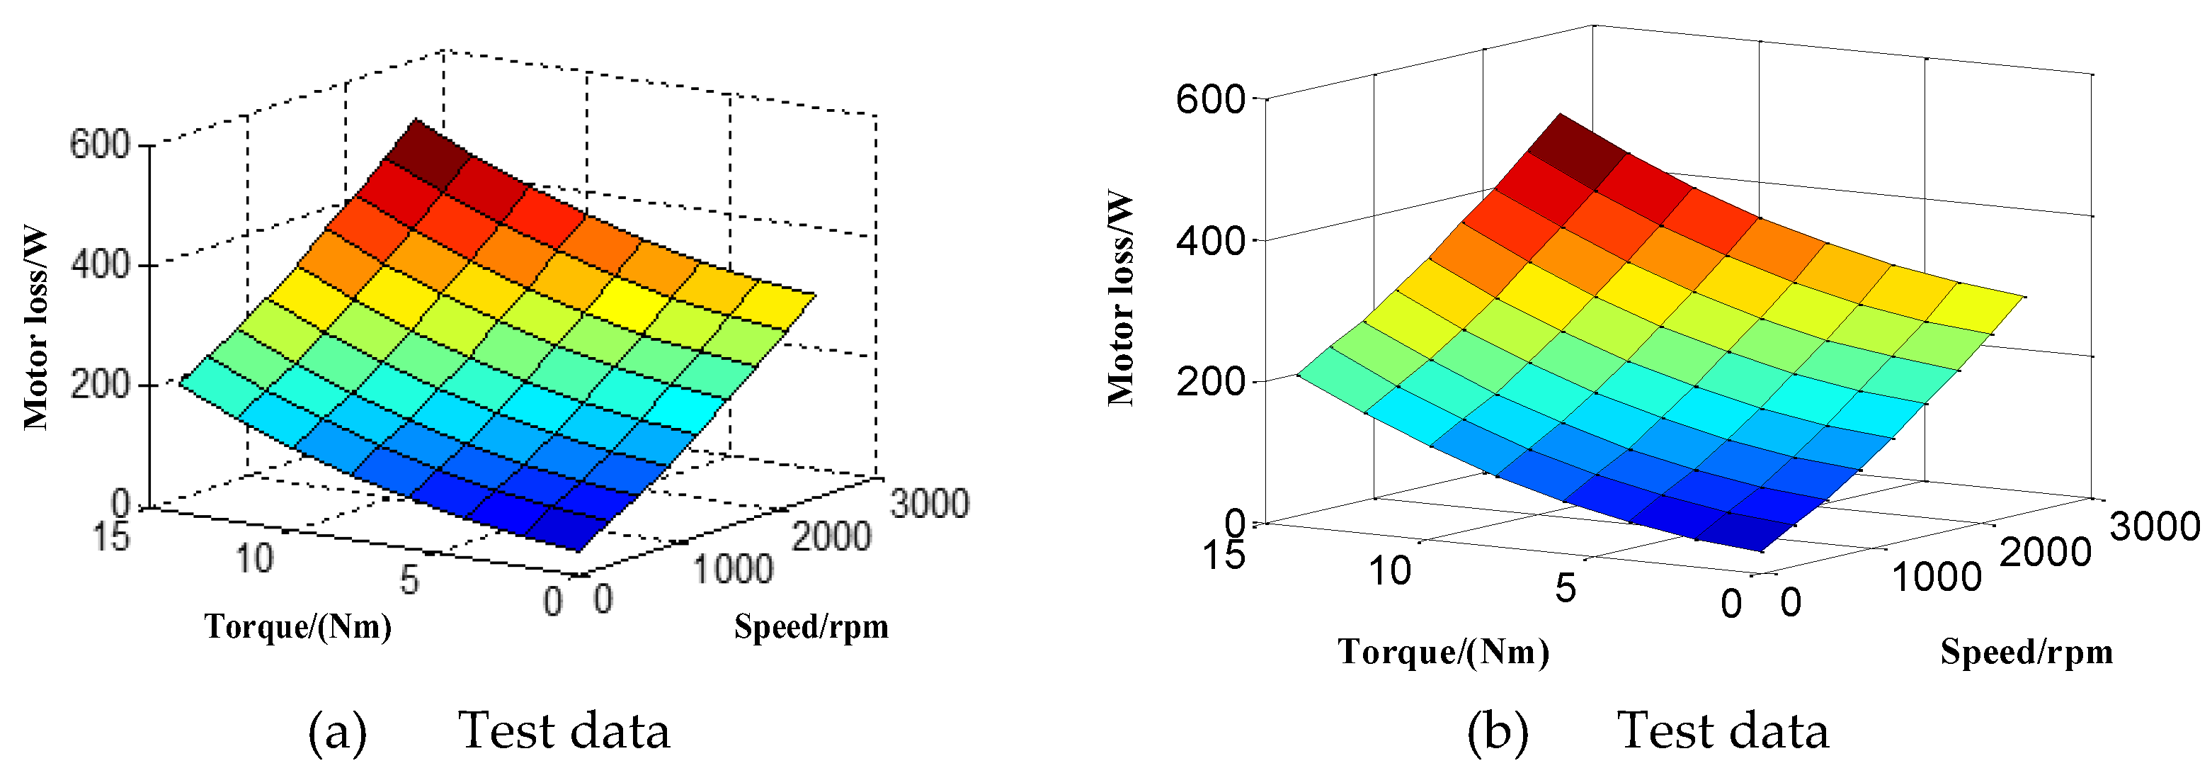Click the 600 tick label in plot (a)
tap(98, 145)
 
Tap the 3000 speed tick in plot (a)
tap(930, 502)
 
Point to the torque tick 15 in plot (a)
tap(110, 537)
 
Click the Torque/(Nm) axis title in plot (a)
tap(297, 626)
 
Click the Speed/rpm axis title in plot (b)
tap(2026, 652)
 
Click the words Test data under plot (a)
tap(564, 731)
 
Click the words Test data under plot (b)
tap(1723, 731)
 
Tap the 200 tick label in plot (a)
tap(98, 385)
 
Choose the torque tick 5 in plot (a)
tap(409, 580)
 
